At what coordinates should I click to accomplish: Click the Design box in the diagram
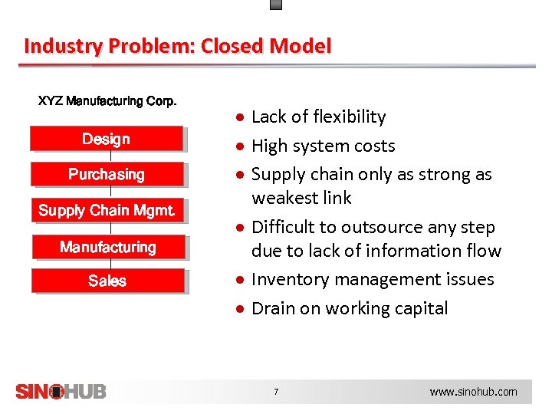(107, 139)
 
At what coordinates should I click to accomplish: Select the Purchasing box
(107, 175)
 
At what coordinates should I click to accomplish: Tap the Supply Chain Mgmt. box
(107, 210)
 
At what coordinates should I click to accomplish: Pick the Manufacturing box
(107, 247)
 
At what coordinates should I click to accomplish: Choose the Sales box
(107, 281)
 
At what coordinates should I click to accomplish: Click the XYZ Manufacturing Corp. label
(107, 101)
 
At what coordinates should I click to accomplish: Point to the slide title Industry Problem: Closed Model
(178, 46)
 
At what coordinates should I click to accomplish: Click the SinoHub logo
(61, 391)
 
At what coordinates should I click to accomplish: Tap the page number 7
(276, 392)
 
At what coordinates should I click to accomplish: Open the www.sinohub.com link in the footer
(473, 392)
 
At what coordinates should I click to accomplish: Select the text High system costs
(323, 146)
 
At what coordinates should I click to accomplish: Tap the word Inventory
(286, 280)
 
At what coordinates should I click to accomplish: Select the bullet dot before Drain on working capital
(240, 309)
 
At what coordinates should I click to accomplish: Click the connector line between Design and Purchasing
(110, 157)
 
